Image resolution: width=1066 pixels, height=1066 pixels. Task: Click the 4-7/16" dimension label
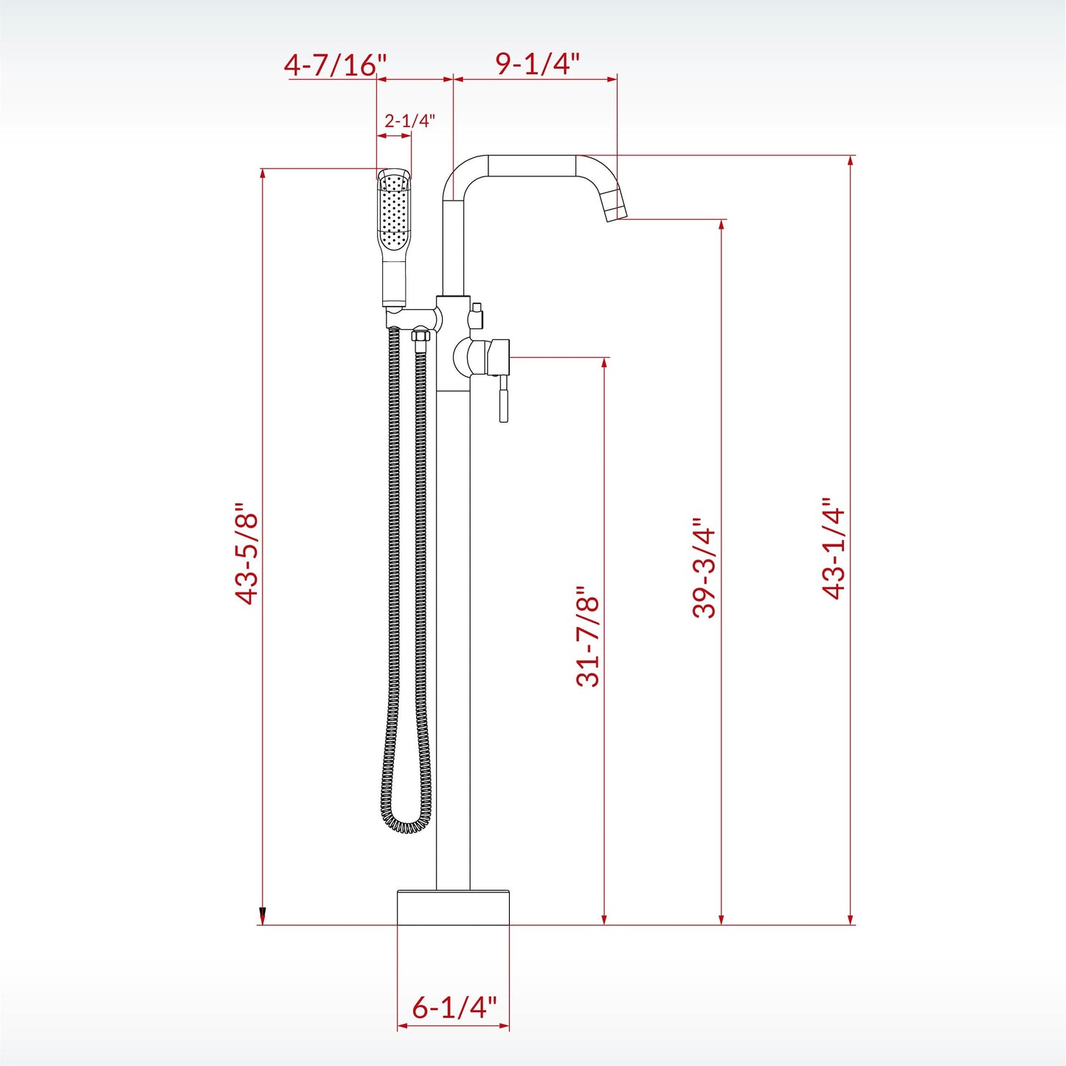click(x=334, y=65)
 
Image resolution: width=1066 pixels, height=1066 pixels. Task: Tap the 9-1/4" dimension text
click(x=537, y=63)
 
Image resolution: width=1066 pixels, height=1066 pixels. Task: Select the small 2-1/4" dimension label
click(x=409, y=120)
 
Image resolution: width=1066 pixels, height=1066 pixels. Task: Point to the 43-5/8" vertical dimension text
click(x=248, y=555)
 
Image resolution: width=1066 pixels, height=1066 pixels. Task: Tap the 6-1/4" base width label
click(x=454, y=1006)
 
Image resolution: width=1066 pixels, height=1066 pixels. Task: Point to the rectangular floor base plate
click(x=453, y=907)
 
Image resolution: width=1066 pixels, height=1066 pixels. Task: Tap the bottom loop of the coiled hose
click(x=405, y=827)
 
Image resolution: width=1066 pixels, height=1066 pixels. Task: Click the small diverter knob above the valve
click(x=476, y=316)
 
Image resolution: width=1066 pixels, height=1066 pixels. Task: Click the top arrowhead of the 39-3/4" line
click(x=721, y=224)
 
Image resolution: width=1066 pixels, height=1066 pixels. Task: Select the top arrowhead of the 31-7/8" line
click(x=604, y=362)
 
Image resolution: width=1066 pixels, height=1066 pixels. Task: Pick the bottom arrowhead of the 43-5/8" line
click(x=262, y=918)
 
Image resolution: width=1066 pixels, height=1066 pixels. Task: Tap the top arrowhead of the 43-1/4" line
click(x=851, y=161)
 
